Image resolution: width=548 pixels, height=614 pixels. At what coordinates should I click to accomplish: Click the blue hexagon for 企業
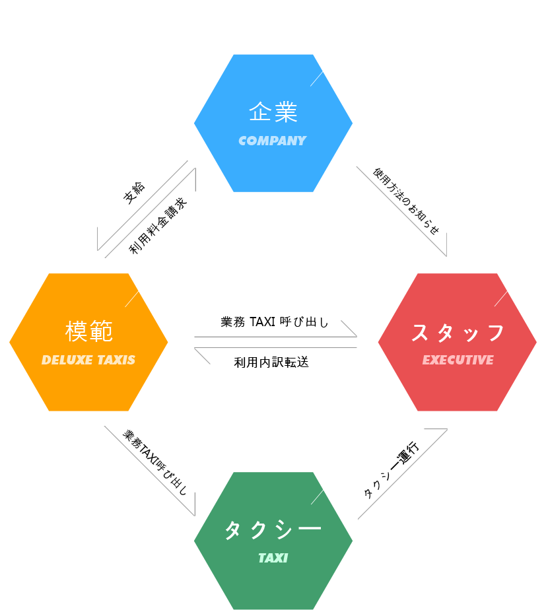coord(273,123)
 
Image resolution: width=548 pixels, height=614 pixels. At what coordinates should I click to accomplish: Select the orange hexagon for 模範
coord(88,342)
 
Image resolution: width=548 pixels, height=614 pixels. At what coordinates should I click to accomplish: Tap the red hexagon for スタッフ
coord(458,342)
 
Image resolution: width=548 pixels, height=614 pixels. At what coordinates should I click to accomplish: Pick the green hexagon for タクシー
coord(273,540)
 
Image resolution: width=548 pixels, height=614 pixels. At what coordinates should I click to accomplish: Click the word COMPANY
coord(273,141)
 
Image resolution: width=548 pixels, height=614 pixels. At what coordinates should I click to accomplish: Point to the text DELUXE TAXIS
coord(88,360)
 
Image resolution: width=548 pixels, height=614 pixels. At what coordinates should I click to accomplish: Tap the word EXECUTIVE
coord(458,360)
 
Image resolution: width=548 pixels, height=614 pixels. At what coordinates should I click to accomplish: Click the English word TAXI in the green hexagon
coord(273,558)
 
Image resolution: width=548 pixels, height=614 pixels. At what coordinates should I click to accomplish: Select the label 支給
coord(134,193)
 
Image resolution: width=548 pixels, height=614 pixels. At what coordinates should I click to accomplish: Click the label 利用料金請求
coord(158,226)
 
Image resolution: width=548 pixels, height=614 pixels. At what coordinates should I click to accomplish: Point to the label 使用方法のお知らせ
coord(406,201)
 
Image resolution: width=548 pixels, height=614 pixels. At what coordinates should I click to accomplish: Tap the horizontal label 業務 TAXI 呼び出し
coord(275,322)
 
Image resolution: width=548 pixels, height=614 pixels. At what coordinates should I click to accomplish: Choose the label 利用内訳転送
coord(271,362)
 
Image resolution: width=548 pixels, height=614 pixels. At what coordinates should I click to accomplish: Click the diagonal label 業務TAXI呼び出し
coord(155,462)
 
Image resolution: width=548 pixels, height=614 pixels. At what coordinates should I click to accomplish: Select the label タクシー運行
coord(391,470)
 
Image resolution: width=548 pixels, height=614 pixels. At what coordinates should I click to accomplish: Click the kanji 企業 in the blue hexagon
coord(273,112)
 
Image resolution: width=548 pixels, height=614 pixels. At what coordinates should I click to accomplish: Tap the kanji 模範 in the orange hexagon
coord(89,331)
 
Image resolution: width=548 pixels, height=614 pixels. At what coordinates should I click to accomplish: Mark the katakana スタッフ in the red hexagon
coord(458,333)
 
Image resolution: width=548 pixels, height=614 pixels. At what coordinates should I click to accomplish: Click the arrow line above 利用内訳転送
coord(275,348)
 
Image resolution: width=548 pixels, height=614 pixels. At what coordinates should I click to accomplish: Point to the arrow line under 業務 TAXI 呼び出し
coord(275,337)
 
